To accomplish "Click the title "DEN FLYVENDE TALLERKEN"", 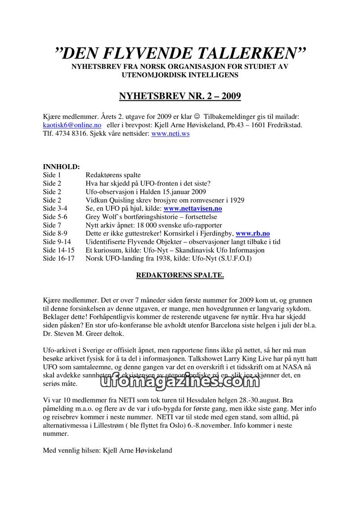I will click(x=180, y=53).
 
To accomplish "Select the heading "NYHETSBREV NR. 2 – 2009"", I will click(x=180, y=96).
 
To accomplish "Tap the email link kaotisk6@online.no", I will click(x=72, y=125).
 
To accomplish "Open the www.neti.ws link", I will click(x=170, y=134).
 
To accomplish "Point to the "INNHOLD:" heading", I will click(x=61, y=167).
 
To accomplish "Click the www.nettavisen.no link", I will click(x=193, y=209).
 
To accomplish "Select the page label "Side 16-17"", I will click(x=59, y=259).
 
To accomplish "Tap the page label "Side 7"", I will click(x=52, y=225).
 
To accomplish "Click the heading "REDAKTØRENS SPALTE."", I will click(x=180, y=275).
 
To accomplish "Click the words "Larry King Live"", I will click(x=245, y=359).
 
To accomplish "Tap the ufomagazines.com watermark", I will click(x=178, y=381).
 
